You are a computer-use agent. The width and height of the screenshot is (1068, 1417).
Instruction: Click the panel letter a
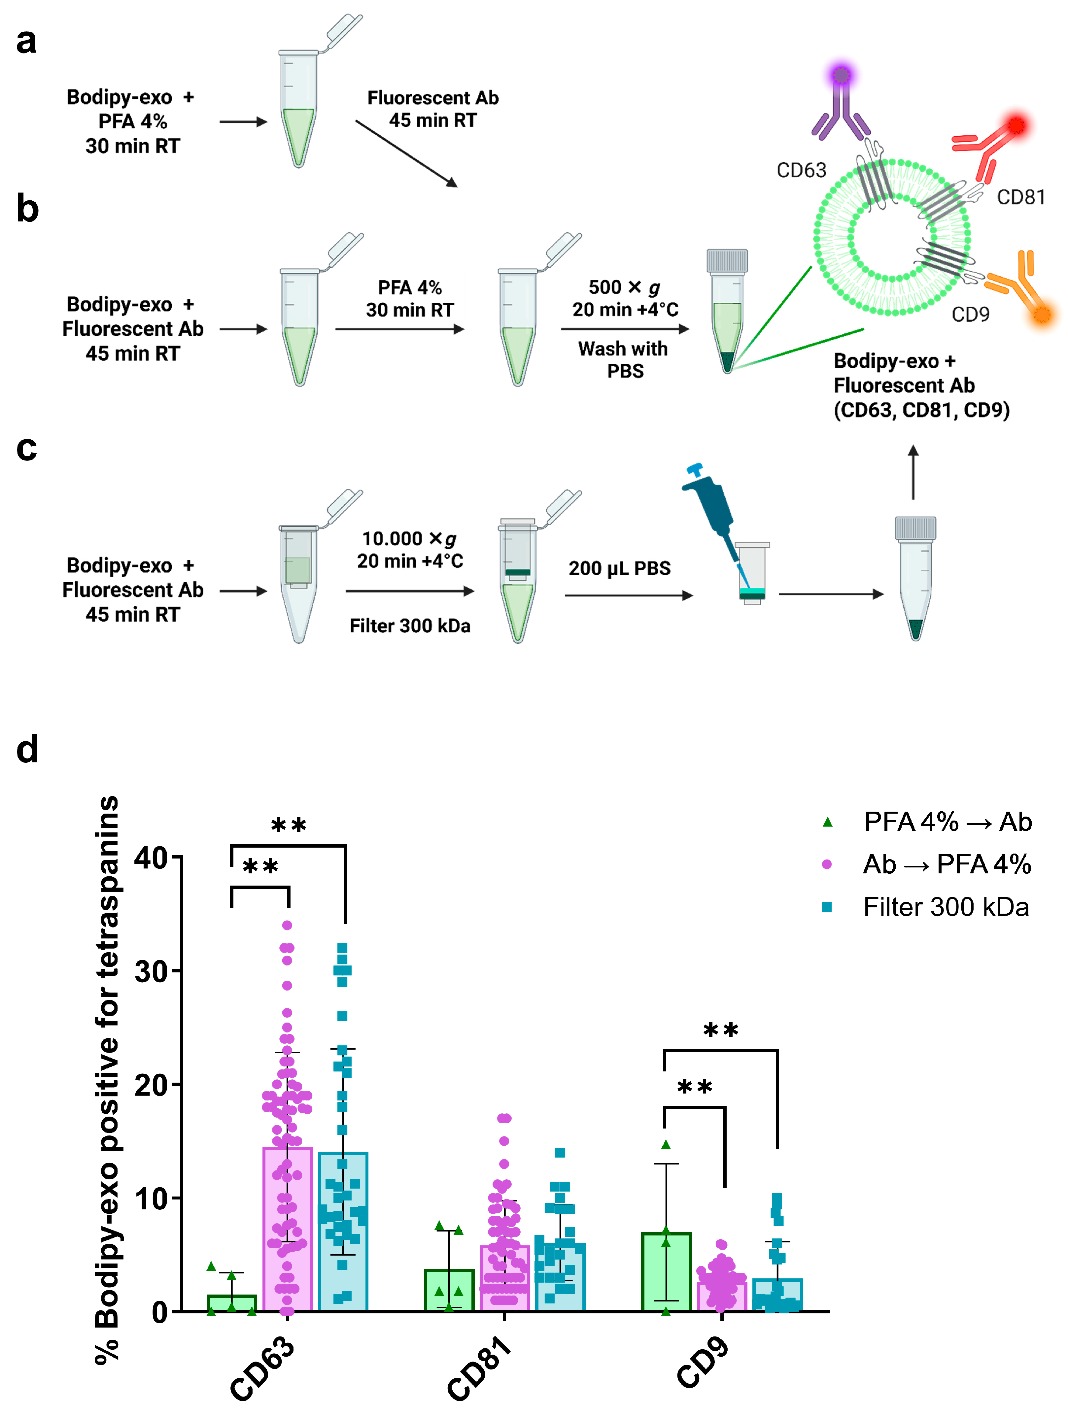(26, 42)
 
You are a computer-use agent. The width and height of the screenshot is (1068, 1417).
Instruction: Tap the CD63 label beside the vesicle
(801, 170)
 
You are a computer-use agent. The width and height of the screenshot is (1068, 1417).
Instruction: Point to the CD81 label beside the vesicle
(1020, 197)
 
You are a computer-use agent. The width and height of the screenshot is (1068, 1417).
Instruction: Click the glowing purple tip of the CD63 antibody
(841, 76)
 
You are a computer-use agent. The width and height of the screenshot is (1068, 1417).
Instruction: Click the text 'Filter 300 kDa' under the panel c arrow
(410, 626)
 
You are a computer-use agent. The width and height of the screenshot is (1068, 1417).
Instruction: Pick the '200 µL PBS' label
(620, 568)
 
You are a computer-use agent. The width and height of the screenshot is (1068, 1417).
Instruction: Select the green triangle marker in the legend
(827, 822)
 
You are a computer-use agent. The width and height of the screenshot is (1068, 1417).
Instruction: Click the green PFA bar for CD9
(666, 1275)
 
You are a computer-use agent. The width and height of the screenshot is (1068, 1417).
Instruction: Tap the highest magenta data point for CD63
(287, 925)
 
